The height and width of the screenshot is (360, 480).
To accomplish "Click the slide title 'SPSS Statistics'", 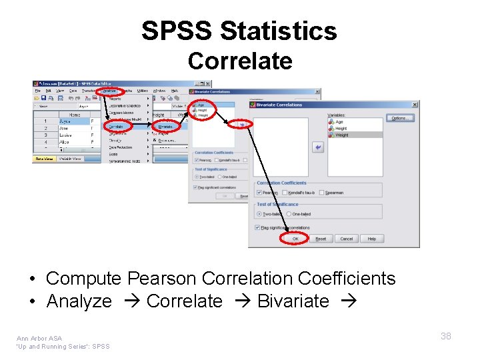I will point(239,31).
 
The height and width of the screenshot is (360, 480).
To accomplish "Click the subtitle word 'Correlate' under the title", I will point(239,61).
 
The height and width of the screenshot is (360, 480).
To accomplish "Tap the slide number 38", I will point(445,336).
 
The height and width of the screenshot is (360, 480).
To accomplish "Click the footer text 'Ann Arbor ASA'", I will point(40,338).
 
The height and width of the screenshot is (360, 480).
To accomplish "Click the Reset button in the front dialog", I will point(321,239).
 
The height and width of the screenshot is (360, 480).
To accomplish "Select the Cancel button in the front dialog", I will point(346,239).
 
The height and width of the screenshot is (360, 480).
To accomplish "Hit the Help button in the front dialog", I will point(371,239).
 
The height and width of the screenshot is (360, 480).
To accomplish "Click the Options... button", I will point(399,118).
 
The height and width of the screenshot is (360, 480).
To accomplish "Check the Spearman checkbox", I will point(322,193).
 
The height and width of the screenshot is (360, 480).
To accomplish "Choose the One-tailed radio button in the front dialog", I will point(288,214).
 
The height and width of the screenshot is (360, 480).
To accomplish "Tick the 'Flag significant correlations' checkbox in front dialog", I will point(258,227).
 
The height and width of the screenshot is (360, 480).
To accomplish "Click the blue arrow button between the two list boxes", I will point(318,148).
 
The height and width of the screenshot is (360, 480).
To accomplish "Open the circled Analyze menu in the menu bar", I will point(108,90).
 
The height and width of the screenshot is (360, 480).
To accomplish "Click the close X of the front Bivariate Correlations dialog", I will point(415,105).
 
